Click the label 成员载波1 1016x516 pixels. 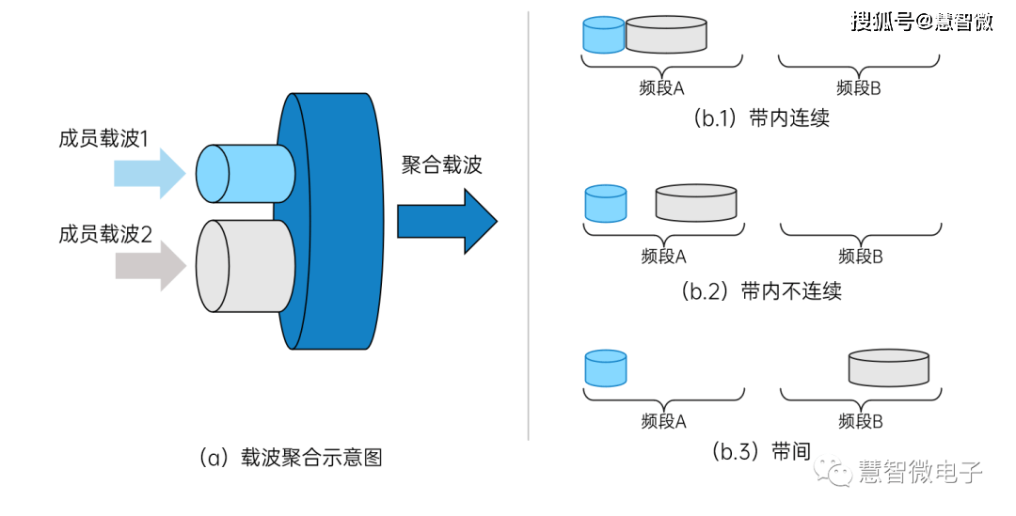tap(103, 138)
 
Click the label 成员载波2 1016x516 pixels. tap(105, 234)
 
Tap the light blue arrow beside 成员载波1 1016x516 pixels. tap(150, 173)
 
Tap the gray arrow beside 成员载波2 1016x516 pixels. tap(151, 265)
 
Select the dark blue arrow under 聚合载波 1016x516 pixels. tap(447, 222)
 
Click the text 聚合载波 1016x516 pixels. tap(442, 164)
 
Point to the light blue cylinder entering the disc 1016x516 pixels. tap(245, 174)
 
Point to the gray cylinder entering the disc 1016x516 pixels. tap(245, 266)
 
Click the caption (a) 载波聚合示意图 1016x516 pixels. tap(291, 458)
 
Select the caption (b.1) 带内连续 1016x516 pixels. tap(761, 117)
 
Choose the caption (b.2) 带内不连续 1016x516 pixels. tap(761, 290)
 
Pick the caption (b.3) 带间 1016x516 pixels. tap(761, 451)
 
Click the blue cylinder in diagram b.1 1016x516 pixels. tap(604, 35)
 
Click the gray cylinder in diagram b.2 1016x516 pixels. tap(696, 203)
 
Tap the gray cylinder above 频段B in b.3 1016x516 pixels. tap(889, 367)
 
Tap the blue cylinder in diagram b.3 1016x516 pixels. tap(606, 368)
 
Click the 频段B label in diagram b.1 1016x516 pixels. tap(859, 88)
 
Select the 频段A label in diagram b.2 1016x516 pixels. tap(663, 257)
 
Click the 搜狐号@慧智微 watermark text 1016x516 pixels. tap(922, 22)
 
